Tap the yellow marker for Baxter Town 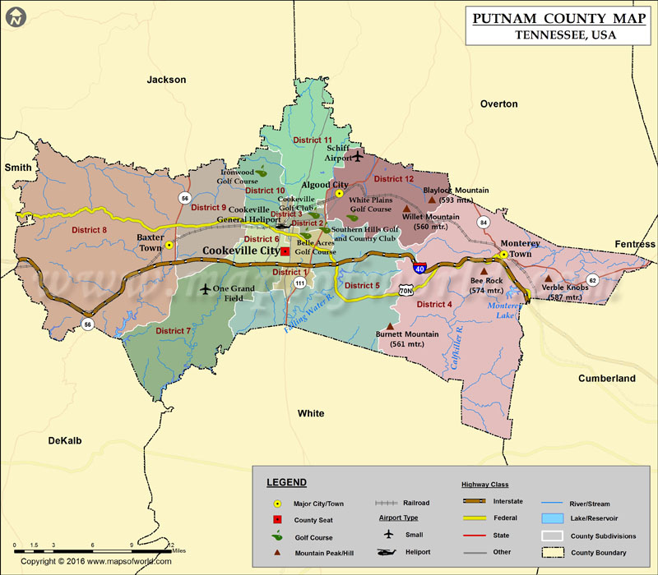click(169, 245)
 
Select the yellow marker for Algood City click(339, 195)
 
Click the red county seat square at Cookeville click(285, 251)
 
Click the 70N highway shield click(405, 290)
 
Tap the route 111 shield click(300, 283)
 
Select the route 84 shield click(484, 223)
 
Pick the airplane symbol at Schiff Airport click(358, 154)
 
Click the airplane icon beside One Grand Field click(206, 289)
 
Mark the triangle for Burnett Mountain click(389, 325)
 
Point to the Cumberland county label click(607, 379)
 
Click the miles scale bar click(90, 546)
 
